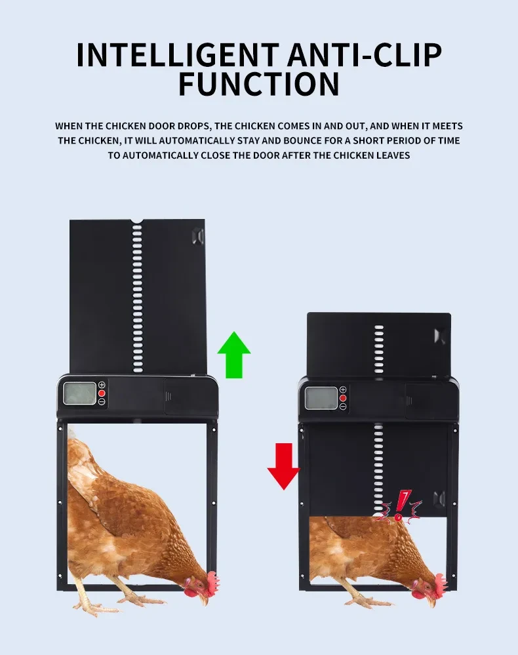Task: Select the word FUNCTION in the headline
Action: coord(258,85)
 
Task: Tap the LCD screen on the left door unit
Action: coord(80,393)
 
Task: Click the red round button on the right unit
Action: coord(342,398)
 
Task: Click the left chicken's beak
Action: coord(204,598)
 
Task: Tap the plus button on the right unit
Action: coord(342,389)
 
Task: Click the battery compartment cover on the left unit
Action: coord(182,396)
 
